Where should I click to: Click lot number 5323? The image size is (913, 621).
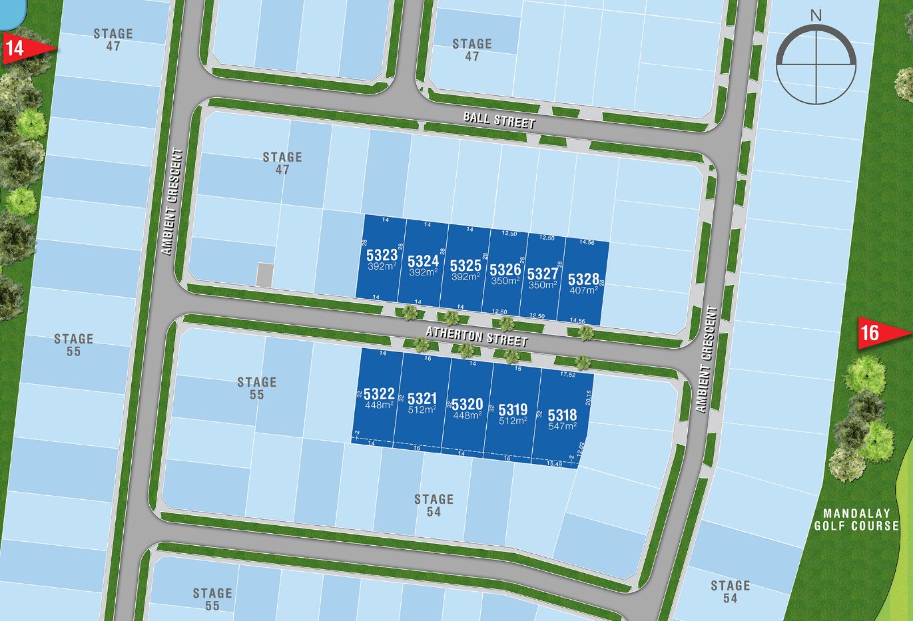pyautogui.click(x=382, y=255)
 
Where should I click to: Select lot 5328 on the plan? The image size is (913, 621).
pyautogui.click(x=583, y=280)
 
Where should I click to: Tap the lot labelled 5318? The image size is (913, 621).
pyautogui.click(x=562, y=415)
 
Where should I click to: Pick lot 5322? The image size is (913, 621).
pyautogui.click(x=379, y=394)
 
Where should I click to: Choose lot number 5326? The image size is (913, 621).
pyautogui.click(x=505, y=270)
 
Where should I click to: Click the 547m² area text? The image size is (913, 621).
pyautogui.click(x=562, y=426)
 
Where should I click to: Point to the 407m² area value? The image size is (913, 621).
pyautogui.click(x=583, y=290)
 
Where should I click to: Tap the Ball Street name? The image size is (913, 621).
pyautogui.click(x=499, y=120)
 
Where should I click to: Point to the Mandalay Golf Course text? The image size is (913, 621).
pyautogui.click(x=856, y=519)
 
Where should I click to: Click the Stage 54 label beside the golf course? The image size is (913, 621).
pyautogui.click(x=730, y=591)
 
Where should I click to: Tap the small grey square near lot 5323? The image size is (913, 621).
pyautogui.click(x=264, y=275)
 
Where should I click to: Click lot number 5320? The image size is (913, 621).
pyautogui.click(x=467, y=405)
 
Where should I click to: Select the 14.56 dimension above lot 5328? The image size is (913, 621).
pyautogui.click(x=587, y=242)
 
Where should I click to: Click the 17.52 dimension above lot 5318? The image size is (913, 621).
pyautogui.click(x=568, y=375)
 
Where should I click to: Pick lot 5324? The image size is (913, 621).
pyautogui.click(x=423, y=261)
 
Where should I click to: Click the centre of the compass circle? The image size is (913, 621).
pyautogui.click(x=817, y=65)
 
